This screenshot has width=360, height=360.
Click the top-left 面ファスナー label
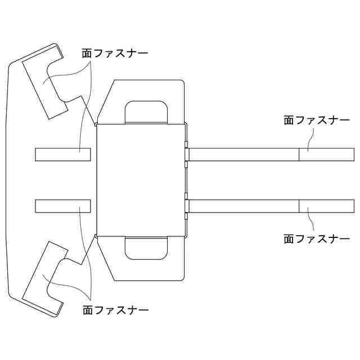pos(115,55)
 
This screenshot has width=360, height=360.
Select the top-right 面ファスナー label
pos(317,120)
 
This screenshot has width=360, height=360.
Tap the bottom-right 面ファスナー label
pos(317,238)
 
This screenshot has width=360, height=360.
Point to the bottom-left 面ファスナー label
pos(115,309)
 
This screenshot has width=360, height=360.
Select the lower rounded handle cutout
pos(146,248)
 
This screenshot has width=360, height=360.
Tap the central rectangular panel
pos(141,180)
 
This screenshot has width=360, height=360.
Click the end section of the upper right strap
pos(326,154)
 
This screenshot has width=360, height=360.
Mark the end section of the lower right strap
pos(326,206)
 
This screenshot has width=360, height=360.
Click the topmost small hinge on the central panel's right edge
pos(187,153)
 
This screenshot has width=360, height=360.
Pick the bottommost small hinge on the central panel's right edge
pos(187,215)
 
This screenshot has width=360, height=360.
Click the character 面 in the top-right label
pos(289,120)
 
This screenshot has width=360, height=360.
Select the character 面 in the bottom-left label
pos(88,309)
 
